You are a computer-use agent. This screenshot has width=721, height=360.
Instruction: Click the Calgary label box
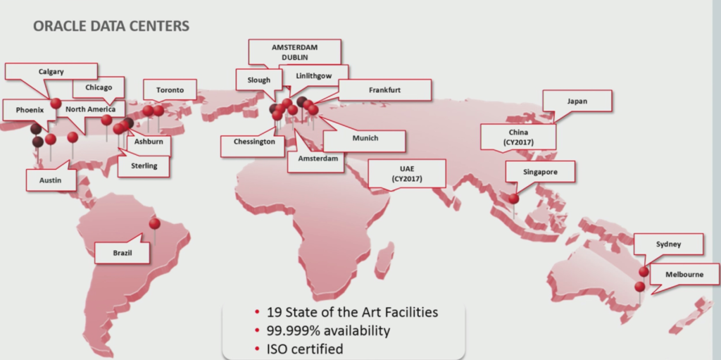point(50,71)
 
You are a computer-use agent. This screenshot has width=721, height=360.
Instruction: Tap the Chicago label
point(98,88)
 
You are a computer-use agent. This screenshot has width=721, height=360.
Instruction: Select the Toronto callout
point(170,90)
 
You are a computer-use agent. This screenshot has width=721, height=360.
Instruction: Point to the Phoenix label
point(30,110)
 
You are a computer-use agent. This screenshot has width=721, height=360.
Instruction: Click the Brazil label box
point(122,252)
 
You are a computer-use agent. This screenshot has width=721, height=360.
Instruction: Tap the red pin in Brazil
point(155,225)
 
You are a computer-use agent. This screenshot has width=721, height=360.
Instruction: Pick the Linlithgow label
point(313,75)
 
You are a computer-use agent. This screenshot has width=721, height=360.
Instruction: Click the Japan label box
point(577,101)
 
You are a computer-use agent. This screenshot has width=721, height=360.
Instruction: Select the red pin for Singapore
point(514,199)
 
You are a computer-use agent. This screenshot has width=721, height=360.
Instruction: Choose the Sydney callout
point(668,245)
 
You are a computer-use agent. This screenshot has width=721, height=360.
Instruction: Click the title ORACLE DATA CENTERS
point(111,27)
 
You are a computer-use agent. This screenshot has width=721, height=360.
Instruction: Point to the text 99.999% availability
point(327,330)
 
